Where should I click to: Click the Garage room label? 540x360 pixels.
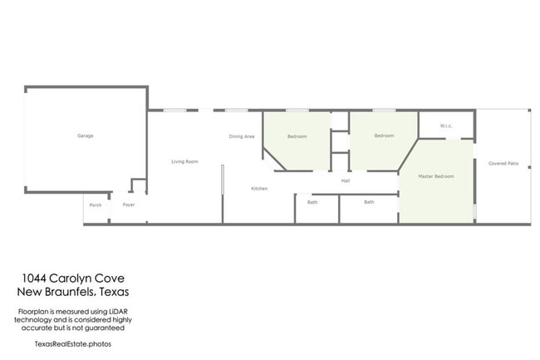pos(85,136)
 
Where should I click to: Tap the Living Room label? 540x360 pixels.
pos(184,161)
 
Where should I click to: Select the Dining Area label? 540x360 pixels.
pos(242,136)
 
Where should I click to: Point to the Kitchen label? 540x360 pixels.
pos(259,189)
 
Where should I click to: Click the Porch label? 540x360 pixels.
pos(96,205)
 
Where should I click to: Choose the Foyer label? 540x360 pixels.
pos(128,205)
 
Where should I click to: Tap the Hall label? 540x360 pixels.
pos(345,180)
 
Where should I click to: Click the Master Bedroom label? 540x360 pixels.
pos(435,176)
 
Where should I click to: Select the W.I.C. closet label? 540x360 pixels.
pos(446,126)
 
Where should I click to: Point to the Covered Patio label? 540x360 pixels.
pos(503,164)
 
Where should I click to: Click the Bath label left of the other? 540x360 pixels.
pos(312,202)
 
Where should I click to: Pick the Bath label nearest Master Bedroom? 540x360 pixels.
pos(369,202)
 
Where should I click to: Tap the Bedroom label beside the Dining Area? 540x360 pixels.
pos(297,136)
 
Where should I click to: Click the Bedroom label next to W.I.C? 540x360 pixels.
pos(383,136)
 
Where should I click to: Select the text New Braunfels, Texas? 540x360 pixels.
pos(72,292)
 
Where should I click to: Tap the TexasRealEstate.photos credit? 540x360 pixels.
pos(72,343)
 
